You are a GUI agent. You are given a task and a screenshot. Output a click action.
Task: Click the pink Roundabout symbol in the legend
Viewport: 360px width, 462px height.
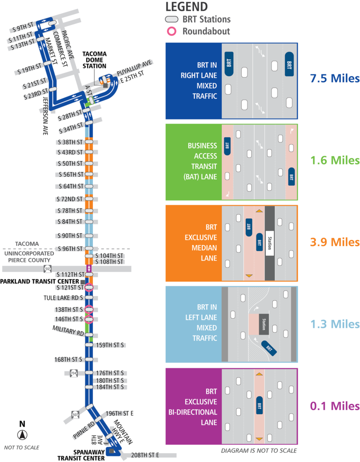click(172, 31)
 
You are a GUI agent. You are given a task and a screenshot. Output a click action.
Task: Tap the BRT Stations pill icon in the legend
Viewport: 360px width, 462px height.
click(172, 20)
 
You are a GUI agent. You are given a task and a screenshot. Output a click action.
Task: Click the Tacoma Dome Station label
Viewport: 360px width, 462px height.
click(94, 60)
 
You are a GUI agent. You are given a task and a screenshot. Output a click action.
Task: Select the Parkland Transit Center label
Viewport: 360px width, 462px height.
click(40, 281)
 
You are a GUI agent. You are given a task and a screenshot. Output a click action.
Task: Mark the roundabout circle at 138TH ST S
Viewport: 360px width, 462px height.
click(89, 309)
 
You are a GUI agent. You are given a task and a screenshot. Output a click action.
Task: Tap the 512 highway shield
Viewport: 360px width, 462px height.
click(48, 268)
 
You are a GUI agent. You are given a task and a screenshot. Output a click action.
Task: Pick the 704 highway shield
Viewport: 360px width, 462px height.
click(74, 373)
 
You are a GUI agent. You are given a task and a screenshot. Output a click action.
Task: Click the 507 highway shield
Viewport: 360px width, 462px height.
click(75, 414)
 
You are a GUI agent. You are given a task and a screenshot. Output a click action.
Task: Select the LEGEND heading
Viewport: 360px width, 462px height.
click(186, 7)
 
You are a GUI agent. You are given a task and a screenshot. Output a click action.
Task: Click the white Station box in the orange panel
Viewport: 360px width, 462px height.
click(270, 243)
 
